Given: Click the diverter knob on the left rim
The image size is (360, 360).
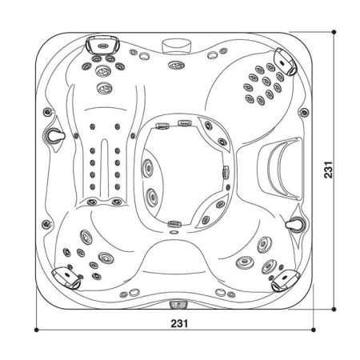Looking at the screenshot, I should [x=55, y=135].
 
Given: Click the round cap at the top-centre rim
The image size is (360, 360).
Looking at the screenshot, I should [x=174, y=43].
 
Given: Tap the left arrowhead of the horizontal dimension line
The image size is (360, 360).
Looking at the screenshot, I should [x=38, y=330].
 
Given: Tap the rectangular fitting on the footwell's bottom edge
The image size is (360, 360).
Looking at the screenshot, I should [x=175, y=219].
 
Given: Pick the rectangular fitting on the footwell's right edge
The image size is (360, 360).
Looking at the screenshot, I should [x=226, y=170].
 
